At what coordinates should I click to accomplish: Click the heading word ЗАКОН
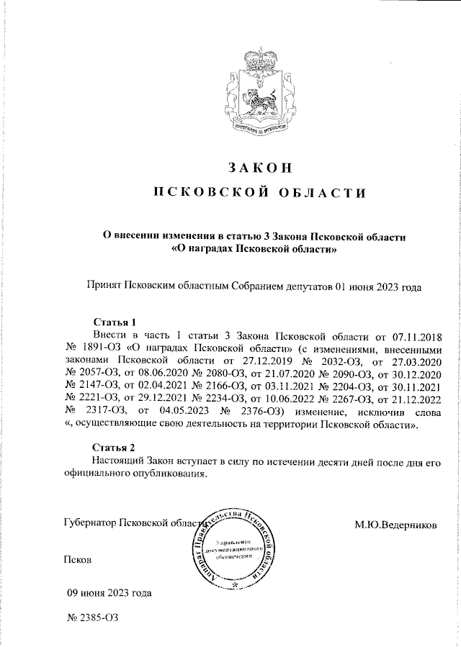259,168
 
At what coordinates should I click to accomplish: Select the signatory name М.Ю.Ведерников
395,525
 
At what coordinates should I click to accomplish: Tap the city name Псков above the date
77,558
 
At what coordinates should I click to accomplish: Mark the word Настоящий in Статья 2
120,461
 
